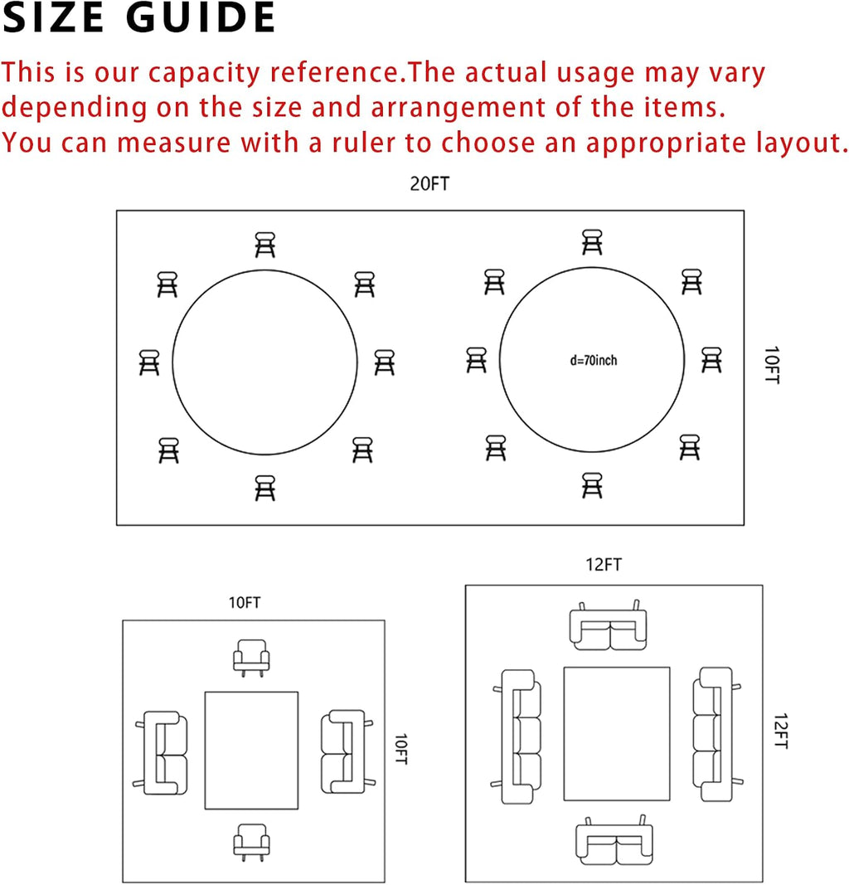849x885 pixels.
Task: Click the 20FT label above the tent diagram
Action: point(429,184)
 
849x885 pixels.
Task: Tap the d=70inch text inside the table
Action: point(594,360)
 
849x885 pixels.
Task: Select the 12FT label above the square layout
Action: point(604,564)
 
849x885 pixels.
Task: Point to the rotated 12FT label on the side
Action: point(781,732)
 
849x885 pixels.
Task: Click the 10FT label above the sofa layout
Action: point(245,603)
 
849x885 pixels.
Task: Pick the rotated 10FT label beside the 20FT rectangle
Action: point(772,365)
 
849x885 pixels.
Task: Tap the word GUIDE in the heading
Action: point(201,18)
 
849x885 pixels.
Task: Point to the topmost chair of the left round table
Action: point(264,245)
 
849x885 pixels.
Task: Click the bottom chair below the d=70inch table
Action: point(592,485)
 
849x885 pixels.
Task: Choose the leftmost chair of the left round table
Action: point(149,362)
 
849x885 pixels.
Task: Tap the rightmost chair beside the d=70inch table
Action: point(711,359)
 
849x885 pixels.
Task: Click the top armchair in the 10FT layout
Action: point(251,658)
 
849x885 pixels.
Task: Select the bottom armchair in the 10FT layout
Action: point(251,842)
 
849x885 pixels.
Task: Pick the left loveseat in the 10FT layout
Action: point(162,753)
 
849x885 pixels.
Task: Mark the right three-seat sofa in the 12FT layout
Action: point(716,734)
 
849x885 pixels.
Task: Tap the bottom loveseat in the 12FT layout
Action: point(614,840)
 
